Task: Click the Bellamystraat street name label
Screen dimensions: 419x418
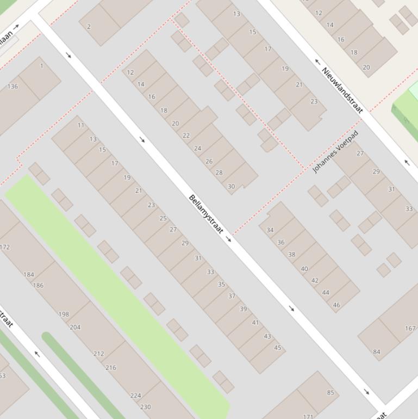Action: [206, 214]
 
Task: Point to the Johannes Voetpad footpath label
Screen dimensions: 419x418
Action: [335, 152]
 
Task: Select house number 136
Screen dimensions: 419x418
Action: [13, 87]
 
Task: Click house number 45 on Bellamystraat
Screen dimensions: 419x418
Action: [278, 348]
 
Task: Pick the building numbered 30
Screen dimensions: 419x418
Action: [231, 186]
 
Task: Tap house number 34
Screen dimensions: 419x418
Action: [270, 230]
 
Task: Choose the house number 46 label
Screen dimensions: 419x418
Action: [336, 305]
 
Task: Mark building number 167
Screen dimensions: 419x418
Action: [410, 328]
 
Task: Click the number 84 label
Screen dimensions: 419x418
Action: [376, 352]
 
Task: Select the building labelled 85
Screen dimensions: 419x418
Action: [330, 392]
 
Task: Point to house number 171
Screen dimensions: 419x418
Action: [308, 416]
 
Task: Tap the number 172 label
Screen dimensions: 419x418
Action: [5, 247]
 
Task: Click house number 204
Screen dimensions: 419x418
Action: [75, 327]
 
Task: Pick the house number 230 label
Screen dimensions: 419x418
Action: [145, 406]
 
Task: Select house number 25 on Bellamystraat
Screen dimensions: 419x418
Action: [163, 218]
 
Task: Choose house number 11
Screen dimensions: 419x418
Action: [81, 125]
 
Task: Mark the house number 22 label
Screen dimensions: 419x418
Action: [186, 135]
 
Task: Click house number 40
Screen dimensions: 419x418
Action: [304, 269]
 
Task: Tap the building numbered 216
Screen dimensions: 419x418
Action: [110, 367]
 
